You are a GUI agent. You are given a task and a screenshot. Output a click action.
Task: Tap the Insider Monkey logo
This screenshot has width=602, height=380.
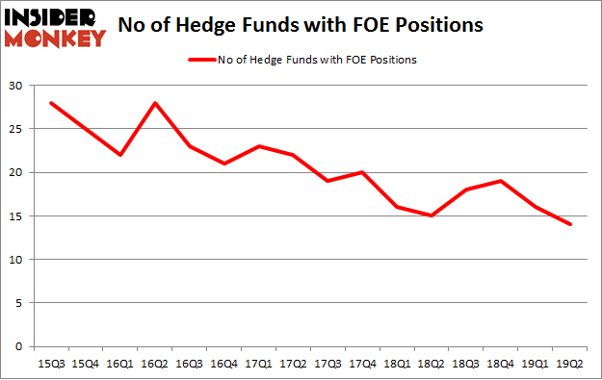(x=54, y=26)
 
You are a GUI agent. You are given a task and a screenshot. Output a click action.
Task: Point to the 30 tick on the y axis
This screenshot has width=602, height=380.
(x=18, y=86)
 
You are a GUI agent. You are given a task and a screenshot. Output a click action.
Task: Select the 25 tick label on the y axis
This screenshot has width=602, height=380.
(x=18, y=129)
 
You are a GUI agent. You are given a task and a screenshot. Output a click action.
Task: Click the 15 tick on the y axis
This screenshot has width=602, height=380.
(x=18, y=216)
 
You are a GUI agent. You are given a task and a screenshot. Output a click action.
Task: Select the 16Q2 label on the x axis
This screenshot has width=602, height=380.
(x=154, y=363)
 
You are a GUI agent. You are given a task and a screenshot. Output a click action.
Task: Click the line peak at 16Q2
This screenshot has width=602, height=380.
(x=154, y=103)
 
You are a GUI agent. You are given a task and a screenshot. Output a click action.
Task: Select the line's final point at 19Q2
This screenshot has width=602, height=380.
(x=570, y=224)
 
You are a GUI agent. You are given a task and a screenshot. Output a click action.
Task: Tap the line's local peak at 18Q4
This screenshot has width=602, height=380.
(x=501, y=181)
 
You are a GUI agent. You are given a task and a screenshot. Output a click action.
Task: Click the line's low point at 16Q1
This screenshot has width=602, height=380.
(x=119, y=155)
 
